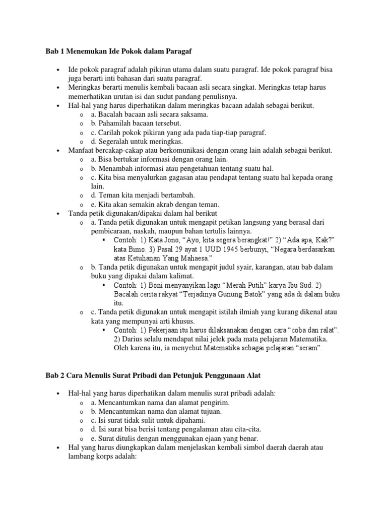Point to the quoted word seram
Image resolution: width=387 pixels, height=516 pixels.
click(x=309, y=348)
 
